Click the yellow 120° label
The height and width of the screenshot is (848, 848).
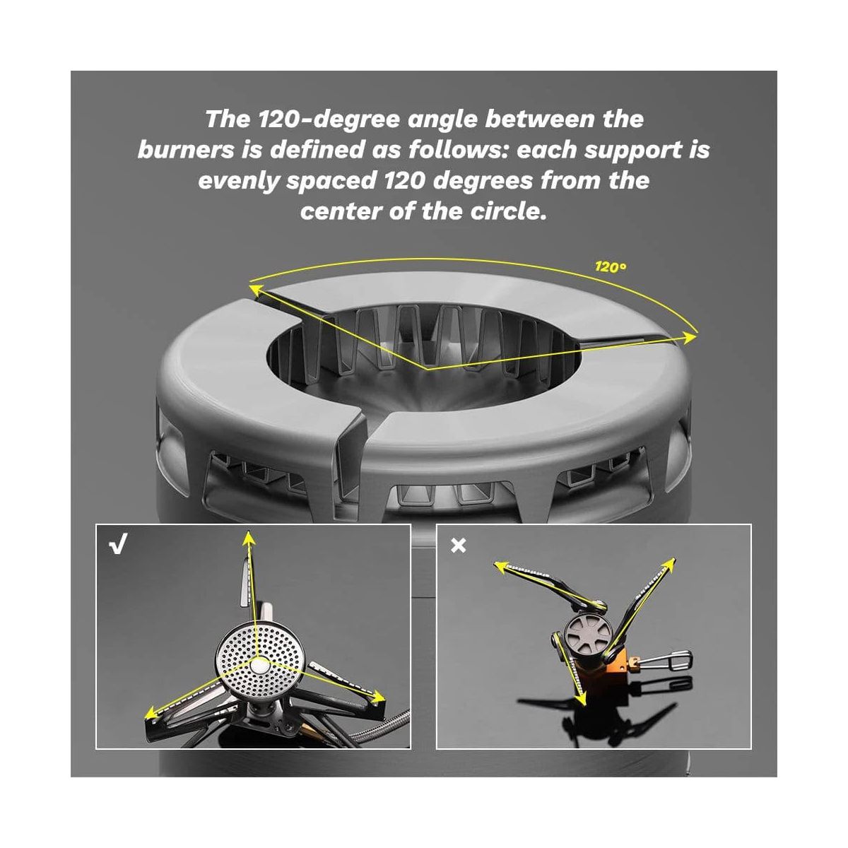coord(611,266)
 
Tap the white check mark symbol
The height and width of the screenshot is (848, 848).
coord(119,544)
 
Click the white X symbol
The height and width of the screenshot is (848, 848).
coord(458,546)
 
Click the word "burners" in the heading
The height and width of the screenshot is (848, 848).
coord(186,150)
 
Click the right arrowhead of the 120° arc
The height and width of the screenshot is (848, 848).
coord(690,337)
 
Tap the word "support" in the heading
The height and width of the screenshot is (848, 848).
coord(631,150)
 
